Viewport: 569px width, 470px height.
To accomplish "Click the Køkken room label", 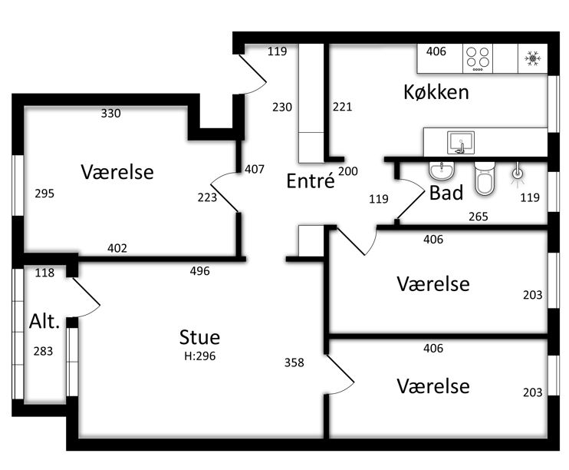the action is (436, 92).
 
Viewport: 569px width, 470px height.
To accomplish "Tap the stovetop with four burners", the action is (478, 58).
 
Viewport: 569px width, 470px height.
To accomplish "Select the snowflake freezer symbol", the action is (532, 58).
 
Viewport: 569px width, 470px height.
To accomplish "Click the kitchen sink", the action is (461, 143).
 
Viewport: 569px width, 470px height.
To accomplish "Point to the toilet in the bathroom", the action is (485, 178).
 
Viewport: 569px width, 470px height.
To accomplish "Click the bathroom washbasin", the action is (442, 170).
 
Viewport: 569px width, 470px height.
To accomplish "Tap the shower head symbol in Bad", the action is (518, 175).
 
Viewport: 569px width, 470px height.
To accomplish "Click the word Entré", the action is (311, 180).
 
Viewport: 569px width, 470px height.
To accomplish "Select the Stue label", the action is (199, 337).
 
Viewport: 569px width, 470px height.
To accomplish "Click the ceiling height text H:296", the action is (199, 356).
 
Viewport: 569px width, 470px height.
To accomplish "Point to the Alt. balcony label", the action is (44, 321).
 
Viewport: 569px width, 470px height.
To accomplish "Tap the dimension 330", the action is (110, 114).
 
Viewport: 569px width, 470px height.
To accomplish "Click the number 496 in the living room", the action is (199, 271).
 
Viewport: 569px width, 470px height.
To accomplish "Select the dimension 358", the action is (294, 362).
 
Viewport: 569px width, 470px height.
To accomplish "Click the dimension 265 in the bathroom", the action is (479, 217).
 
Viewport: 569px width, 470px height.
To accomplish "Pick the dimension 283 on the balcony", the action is (43, 351).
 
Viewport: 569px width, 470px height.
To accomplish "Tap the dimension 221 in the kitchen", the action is (342, 107).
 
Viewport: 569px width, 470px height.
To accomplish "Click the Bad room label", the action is (446, 193).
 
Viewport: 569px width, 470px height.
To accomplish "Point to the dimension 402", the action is (117, 248).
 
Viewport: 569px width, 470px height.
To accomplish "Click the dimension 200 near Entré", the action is (348, 171).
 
